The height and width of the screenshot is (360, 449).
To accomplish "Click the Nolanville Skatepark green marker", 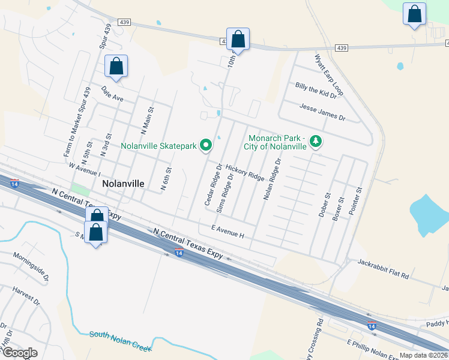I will (206, 145).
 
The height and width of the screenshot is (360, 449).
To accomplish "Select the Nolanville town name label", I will (123, 183).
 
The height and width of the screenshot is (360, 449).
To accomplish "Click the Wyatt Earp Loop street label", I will (328, 75).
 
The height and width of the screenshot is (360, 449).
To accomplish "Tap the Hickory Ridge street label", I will (245, 174).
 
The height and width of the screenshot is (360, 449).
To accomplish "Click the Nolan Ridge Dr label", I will (272, 179).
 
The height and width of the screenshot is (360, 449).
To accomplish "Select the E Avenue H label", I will (228, 231).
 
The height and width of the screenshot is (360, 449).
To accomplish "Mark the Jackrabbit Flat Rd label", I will (382, 269).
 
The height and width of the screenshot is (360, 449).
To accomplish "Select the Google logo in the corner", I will (20, 353).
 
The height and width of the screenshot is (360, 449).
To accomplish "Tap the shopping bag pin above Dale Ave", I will (116, 67).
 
